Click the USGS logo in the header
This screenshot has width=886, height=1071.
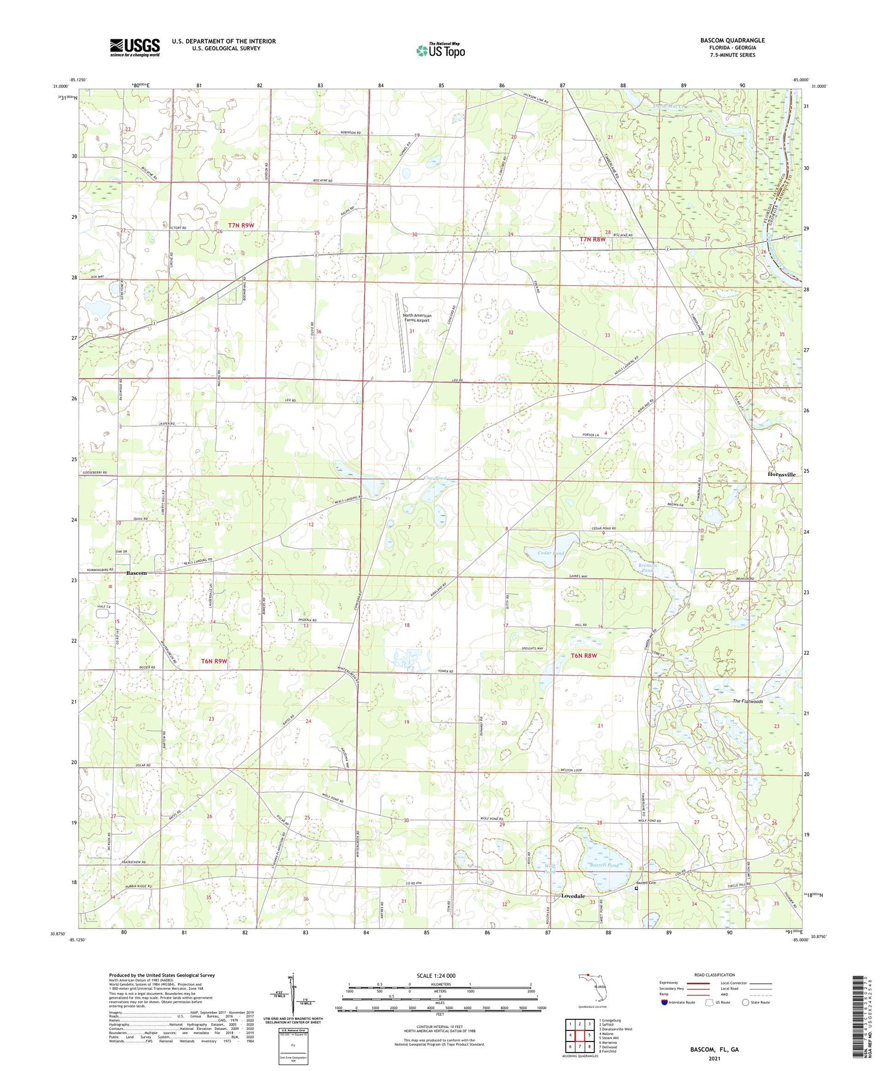(135, 47)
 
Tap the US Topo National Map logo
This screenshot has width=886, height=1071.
(440, 50)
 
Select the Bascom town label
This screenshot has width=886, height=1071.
(137, 573)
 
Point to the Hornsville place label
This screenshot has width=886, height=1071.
(782, 474)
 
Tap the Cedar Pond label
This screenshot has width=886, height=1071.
(549, 553)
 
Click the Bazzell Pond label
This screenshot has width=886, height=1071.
(604, 865)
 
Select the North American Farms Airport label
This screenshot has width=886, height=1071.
(417, 318)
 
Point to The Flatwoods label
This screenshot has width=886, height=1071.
(747, 701)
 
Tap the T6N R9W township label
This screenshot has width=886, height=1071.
(214, 661)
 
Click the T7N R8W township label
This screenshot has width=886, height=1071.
(592, 239)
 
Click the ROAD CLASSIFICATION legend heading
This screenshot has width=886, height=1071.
(714, 975)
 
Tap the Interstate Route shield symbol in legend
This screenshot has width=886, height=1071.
(665, 1002)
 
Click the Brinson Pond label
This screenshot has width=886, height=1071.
(647, 568)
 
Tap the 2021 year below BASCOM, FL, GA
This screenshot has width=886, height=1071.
(714, 1058)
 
